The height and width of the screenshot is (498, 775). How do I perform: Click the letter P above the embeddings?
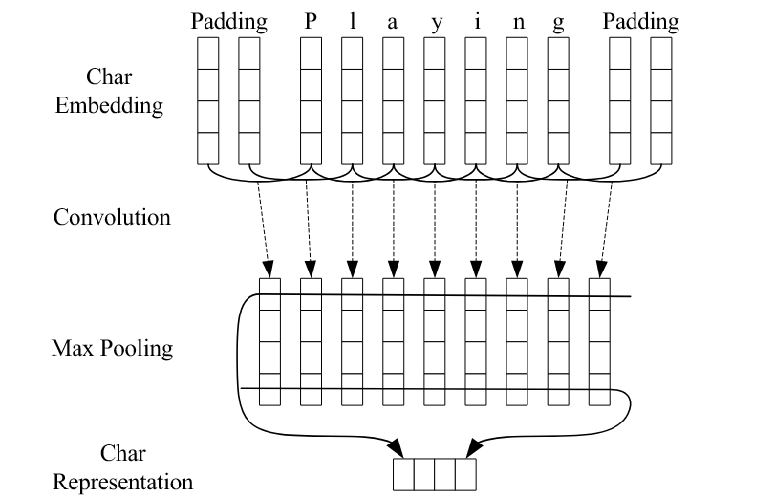310,21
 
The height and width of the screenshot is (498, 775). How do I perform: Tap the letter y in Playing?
436,21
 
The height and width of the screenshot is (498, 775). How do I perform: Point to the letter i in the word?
476,21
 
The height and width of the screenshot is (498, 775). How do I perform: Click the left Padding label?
228,21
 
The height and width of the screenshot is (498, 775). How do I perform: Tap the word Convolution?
112,217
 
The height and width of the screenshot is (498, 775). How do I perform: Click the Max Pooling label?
112,347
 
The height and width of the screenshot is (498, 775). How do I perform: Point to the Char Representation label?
122,469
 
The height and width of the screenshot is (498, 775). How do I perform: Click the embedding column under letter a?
393,100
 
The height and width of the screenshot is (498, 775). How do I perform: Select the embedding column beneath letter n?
517,100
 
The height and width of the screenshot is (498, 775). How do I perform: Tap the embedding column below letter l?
352,100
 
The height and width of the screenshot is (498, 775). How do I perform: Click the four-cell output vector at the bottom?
434,474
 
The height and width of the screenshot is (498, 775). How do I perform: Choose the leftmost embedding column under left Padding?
208,100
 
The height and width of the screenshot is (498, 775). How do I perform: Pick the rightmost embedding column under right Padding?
661,100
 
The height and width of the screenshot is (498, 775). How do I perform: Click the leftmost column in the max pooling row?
269,342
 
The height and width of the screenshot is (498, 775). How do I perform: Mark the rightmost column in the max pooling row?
599,342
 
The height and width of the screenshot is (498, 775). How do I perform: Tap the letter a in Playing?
393,21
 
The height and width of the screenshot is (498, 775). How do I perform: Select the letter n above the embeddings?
517,21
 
